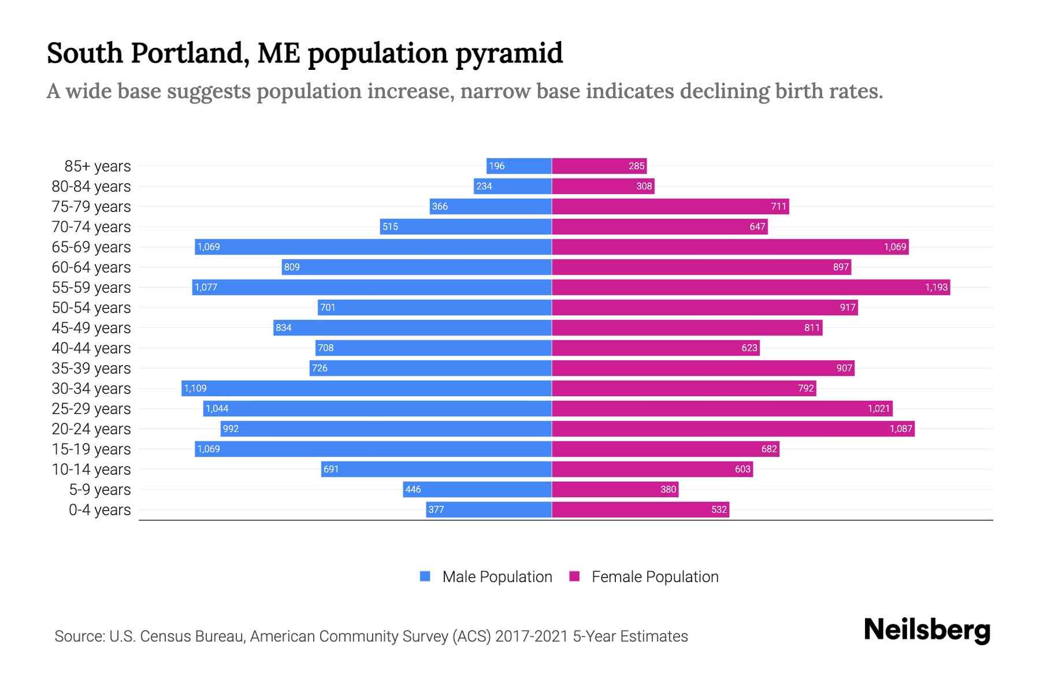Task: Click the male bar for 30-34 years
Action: (x=366, y=388)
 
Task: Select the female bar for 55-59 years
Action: (x=751, y=287)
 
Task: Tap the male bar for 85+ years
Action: (x=519, y=166)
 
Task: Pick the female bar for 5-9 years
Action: (x=615, y=489)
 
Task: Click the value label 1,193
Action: (x=936, y=287)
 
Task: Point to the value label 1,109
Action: (x=195, y=388)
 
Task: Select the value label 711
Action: (x=778, y=206)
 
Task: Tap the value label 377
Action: (x=436, y=509)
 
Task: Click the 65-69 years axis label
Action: (x=91, y=247)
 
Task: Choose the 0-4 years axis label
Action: (x=99, y=510)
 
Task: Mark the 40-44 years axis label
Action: (x=91, y=348)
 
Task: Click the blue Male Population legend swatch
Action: (x=425, y=576)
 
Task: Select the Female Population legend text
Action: (x=655, y=577)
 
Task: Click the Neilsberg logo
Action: (x=927, y=630)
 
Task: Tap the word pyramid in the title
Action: (x=509, y=54)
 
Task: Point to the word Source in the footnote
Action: (x=79, y=636)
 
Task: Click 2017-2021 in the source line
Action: (x=531, y=636)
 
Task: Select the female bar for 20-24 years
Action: (x=733, y=429)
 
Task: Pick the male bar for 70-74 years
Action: (x=466, y=226)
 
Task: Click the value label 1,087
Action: (x=900, y=429)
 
